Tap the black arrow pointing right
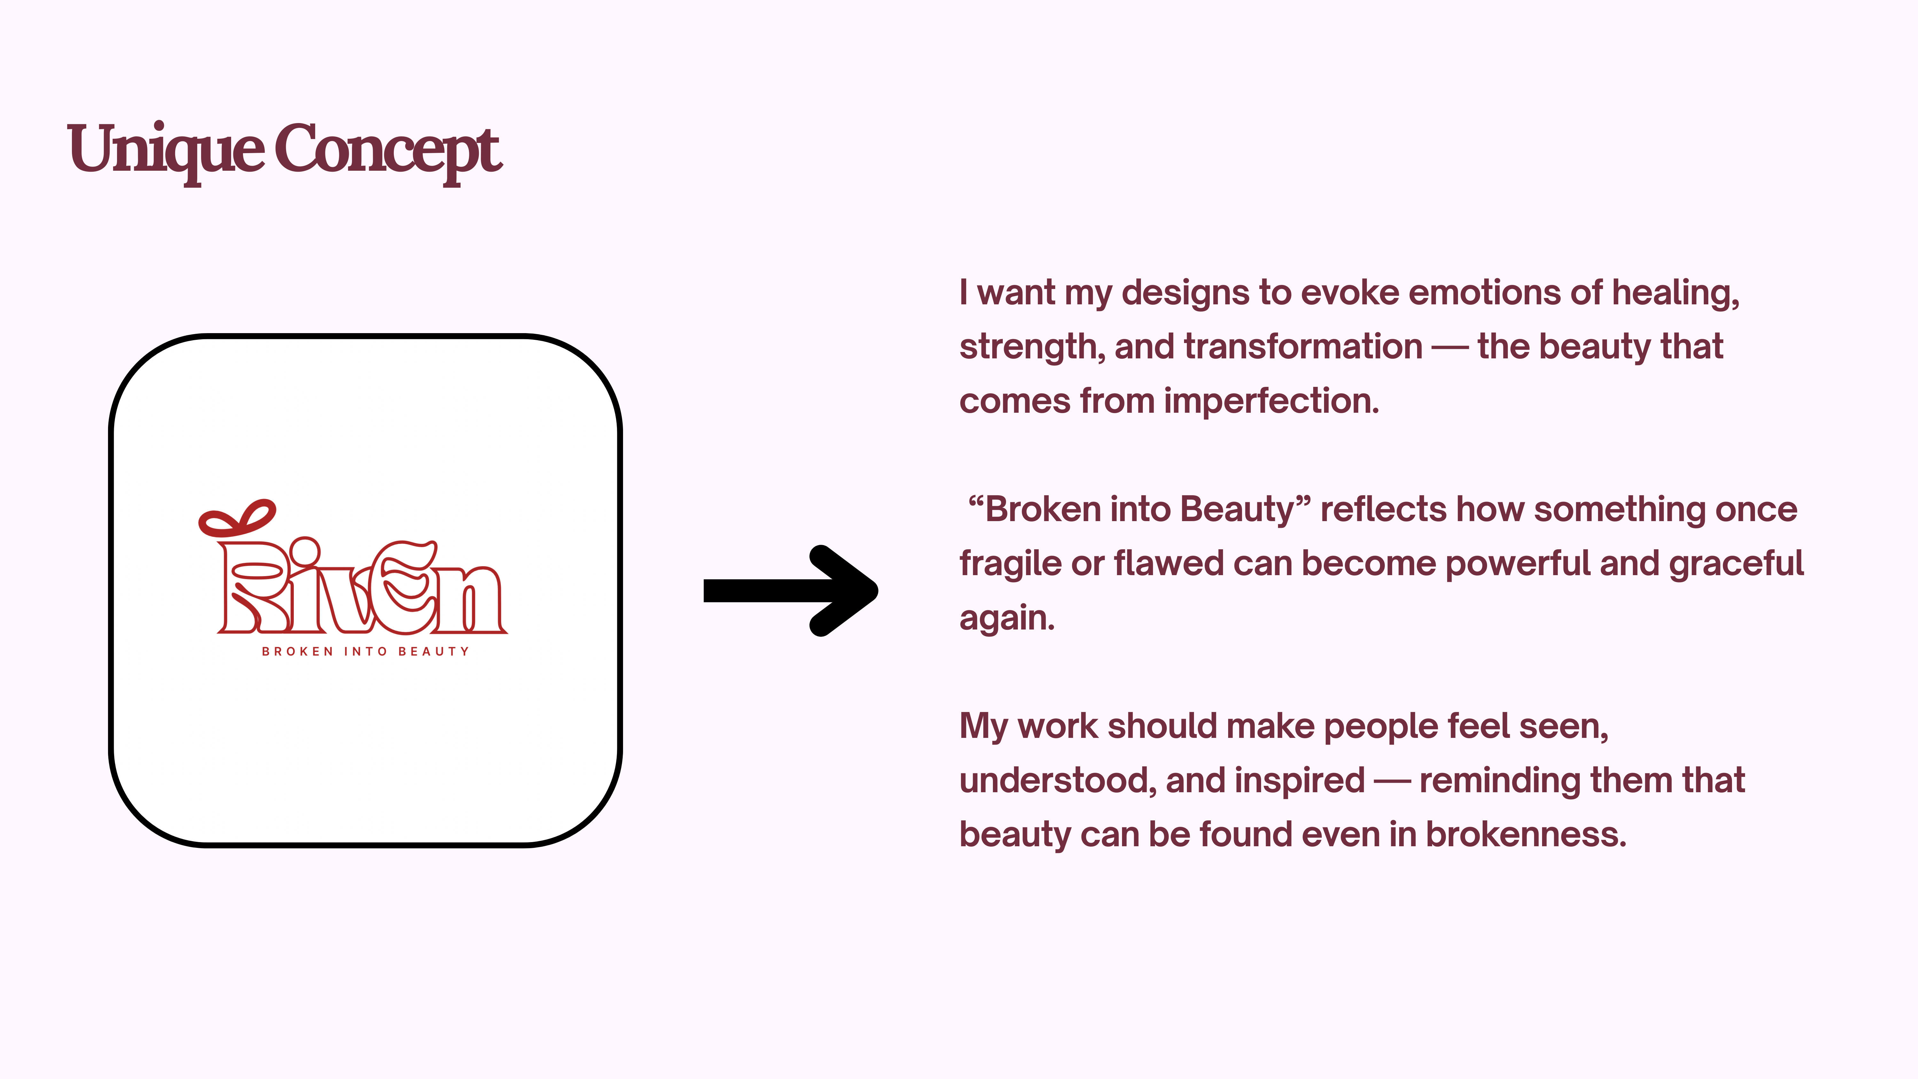[791, 590]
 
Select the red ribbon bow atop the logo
[237, 519]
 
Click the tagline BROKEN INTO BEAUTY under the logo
[366, 652]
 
